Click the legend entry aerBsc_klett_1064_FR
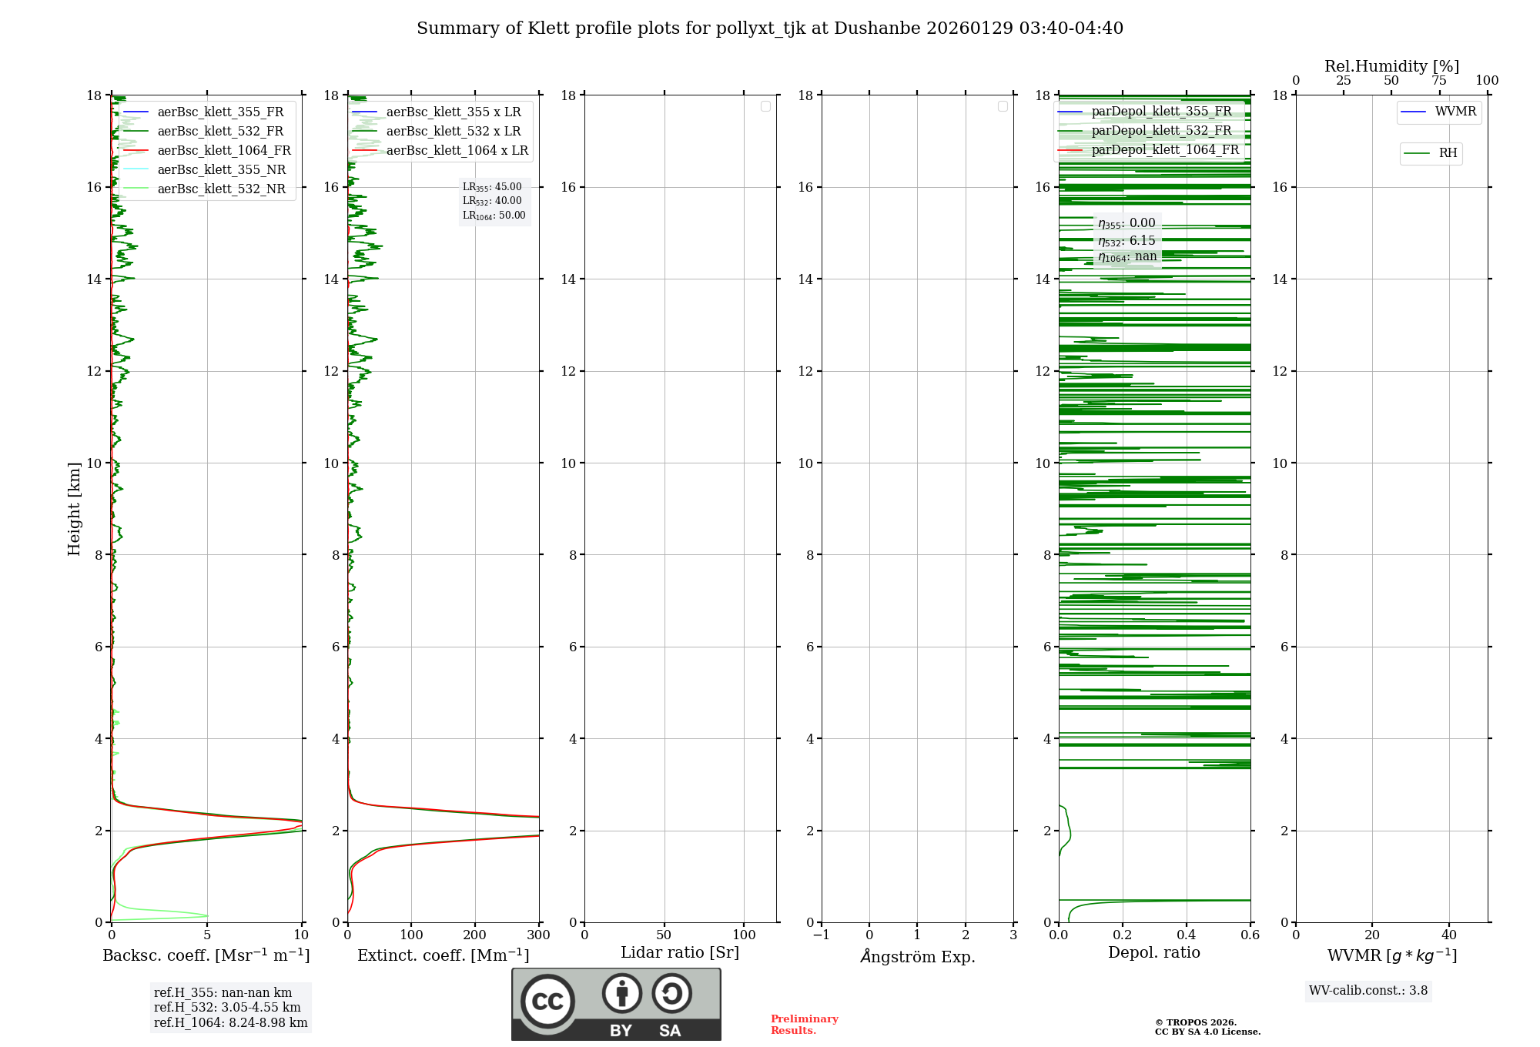[223, 151]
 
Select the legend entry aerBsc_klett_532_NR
[221, 189]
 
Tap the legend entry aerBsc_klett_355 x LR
[453, 112]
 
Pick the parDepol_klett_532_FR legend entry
[1161, 131]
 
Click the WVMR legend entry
[1455, 112]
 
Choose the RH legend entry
[1448, 153]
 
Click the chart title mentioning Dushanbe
[769, 28]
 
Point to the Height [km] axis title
[74, 508]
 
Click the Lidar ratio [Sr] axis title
[679, 953]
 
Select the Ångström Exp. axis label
[917, 957]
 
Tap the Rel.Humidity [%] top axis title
[1391, 66]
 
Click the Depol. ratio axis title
[1153, 953]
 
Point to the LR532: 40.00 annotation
[492, 201]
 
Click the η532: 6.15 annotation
[1127, 241]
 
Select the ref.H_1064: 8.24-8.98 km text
[230, 1023]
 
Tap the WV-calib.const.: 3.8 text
[1368, 991]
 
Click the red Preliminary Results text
[804, 1025]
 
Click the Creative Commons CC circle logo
[547, 1002]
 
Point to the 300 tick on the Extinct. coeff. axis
[538, 935]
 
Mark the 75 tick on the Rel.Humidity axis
[1438, 81]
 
